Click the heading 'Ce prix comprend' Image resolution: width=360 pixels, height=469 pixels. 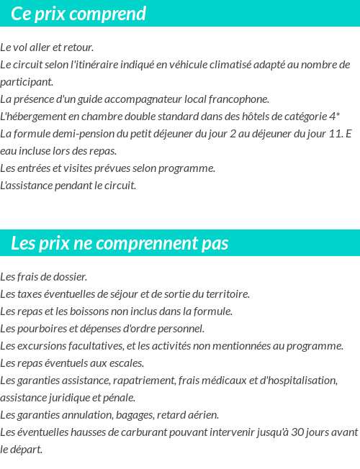[x=78, y=14]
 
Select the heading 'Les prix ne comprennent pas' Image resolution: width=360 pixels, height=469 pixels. [x=120, y=243]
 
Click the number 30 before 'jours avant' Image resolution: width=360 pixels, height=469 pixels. [x=300, y=432]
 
